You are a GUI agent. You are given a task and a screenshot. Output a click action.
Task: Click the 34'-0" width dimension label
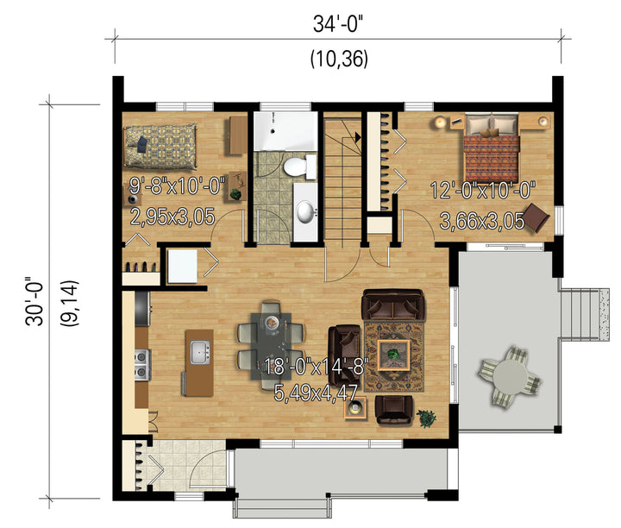[x=338, y=24]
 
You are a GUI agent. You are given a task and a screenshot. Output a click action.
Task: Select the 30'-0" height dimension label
[x=34, y=301]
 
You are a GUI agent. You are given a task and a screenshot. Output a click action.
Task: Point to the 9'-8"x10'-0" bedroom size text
[x=178, y=185]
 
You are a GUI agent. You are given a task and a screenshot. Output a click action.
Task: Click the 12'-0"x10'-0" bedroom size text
[x=483, y=190]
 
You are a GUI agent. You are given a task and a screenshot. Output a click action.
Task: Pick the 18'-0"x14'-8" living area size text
[x=317, y=367]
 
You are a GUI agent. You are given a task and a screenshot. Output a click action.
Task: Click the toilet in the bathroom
[x=299, y=167]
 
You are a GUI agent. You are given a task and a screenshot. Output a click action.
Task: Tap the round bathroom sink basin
[x=306, y=212]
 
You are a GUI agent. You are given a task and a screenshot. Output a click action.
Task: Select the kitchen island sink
[x=200, y=352]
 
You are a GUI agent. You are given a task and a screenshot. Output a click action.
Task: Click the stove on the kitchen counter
[x=142, y=365]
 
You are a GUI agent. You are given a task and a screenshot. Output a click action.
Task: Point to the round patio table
[x=509, y=376]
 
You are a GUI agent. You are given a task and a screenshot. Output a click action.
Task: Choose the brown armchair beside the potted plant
[x=393, y=410]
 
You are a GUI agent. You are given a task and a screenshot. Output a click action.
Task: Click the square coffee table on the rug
[x=393, y=355]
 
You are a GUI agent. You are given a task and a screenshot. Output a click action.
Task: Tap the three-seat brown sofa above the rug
[x=393, y=305]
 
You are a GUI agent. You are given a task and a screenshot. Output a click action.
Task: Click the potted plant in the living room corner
[x=426, y=418]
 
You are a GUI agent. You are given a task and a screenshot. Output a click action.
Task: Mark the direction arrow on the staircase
[x=358, y=137]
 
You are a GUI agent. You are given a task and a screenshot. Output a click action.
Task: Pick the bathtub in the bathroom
[x=285, y=131]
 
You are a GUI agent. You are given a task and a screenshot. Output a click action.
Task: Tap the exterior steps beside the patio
[x=583, y=315]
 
